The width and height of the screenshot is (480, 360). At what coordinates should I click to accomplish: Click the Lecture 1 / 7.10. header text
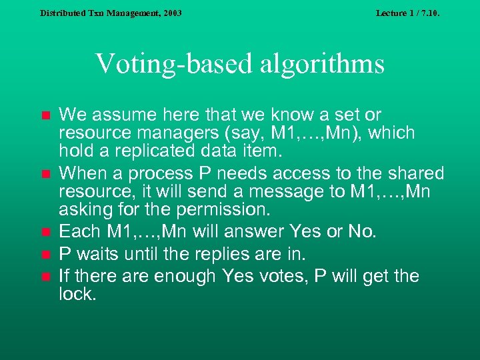coord(407,13)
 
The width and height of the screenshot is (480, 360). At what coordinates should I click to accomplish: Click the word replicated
coord(147,152)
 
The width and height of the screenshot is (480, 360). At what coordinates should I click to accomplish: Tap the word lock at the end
coord(76,294)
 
